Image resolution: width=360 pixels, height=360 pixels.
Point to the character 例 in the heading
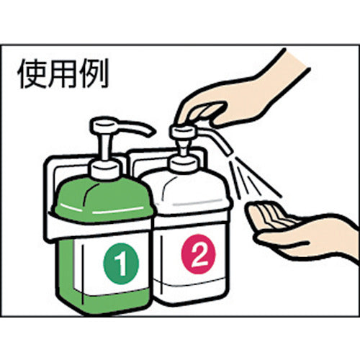coord(97,74)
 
